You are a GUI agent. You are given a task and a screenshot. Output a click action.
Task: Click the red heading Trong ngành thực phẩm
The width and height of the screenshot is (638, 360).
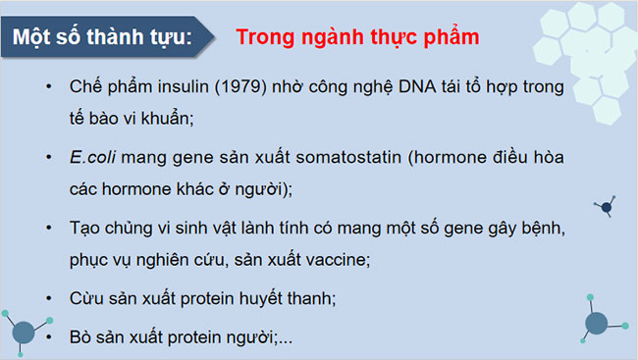point(357,38)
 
